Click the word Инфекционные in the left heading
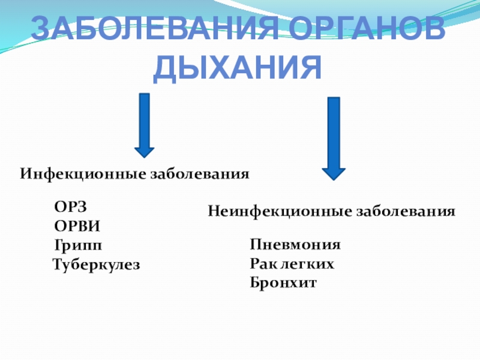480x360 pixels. pyautogui.click(x=83, y=174)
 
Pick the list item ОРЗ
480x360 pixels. pyautogui.click(x=71, y=207)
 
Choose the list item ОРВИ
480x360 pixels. pyautogui.click(x=77, y=226)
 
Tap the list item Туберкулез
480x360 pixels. pyautogui.click(x=96, y=264)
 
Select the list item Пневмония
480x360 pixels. pyautogui.click(x=296, y=245)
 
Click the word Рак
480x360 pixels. pyautogui.click(x=263, y=263)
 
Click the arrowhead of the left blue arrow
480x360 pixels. pyautogui.click(x=144, y=154)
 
